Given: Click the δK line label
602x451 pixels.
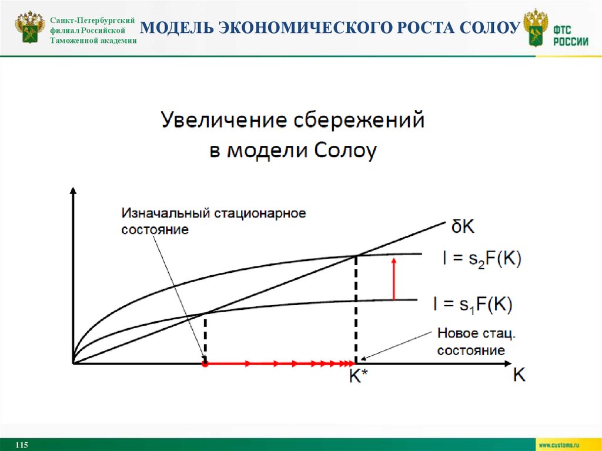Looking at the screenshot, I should pyautogui.click(x=465, y=227).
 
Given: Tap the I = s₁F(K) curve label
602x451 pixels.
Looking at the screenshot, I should pyautogui.click(x=473, y=304).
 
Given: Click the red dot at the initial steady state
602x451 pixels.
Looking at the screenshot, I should pyautogui.click(x=205, y=364).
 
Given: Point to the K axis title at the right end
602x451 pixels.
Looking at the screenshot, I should pyautogui.click(x=519, y=375).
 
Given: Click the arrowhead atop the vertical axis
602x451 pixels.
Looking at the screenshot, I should pyautogui.click(x=73, y=191).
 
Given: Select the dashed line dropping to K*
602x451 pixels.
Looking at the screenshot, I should pyautogui.click(x=356, y=309).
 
